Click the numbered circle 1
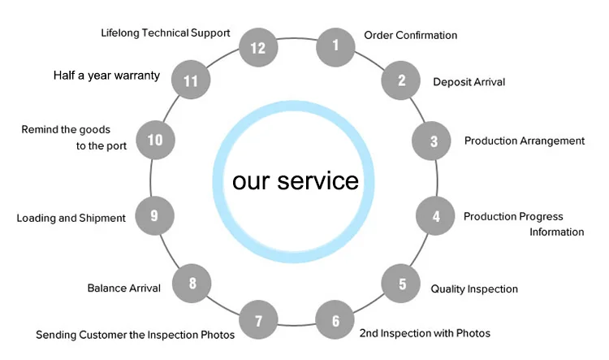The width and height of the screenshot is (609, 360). point(335,46)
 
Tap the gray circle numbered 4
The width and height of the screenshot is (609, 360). point(436,216)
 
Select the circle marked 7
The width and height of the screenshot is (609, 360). point(259,320)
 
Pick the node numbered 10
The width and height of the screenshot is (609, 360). point(154,140)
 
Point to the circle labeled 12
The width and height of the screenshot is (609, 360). point(258,47)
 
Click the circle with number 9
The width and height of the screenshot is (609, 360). point(153,215)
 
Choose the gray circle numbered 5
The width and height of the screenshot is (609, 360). point(402,284)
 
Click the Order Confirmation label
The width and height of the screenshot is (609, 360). point(410,35)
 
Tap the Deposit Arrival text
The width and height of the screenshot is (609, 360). point(469,82)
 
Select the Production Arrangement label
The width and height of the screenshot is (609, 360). point(524,141)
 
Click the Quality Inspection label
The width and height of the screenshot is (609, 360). point(474,288)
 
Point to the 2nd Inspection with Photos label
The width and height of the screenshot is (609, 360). point(425,333)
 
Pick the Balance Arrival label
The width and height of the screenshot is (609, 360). point(123,288)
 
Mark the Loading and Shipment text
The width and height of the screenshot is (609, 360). point(71,218)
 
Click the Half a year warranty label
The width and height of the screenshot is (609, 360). point(106,76)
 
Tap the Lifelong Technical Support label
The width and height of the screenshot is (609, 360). point(166,33)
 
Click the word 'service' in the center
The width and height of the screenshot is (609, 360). point(318,180)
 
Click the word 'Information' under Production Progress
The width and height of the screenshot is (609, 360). point(556,232)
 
